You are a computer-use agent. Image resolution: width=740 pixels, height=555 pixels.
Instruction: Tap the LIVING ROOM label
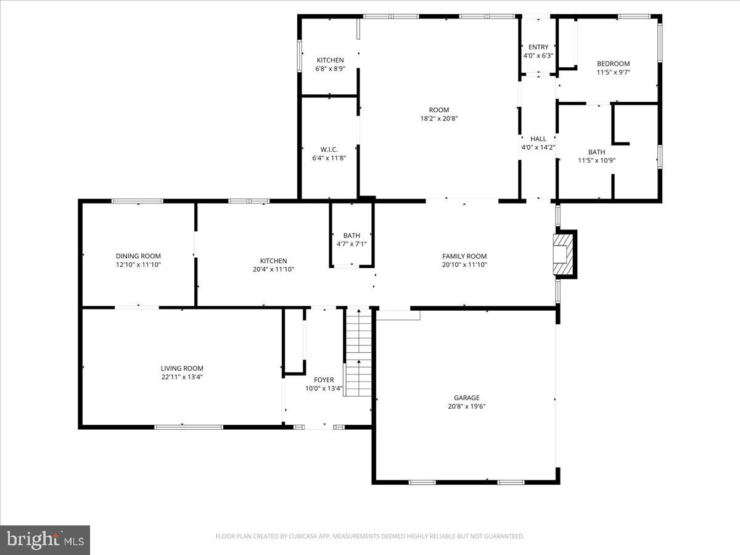pos(182,368)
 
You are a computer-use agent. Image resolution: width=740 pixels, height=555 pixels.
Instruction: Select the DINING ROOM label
pos(138,256)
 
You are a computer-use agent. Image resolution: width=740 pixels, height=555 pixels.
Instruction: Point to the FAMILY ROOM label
pos(464,256)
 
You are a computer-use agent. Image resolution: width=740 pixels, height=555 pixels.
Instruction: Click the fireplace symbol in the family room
pos(564,254)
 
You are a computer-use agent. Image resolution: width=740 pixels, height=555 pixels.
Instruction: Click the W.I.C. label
pos(329,149)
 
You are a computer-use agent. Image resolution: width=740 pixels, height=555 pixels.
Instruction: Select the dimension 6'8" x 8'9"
pos(330,68)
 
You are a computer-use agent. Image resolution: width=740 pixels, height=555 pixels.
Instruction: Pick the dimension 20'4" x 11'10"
pos(273,269)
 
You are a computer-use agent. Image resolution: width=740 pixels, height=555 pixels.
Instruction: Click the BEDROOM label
pos(613,64)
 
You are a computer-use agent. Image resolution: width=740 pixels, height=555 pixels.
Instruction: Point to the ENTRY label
pos(538,47)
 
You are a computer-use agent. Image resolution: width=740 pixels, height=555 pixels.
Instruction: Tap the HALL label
pos(538,139)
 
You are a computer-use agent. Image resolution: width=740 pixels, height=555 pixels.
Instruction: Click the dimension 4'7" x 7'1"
pos(351,244)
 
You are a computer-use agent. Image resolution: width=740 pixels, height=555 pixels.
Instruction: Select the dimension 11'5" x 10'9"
pos(596,160)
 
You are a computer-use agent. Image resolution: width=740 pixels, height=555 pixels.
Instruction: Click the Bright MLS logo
pos(45,540)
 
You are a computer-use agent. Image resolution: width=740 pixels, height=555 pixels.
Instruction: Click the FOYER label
pos(324,380)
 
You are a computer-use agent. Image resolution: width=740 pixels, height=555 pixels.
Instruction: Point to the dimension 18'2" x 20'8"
pos(439,118)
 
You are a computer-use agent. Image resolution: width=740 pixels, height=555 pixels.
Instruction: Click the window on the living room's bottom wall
pos(188,427)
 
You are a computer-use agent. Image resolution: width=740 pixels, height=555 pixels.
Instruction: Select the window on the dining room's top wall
pos(137,200)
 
